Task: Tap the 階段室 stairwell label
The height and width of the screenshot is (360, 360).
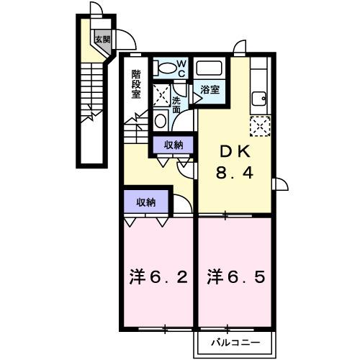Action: (136, 83)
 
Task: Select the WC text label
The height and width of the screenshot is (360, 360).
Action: (181, 68)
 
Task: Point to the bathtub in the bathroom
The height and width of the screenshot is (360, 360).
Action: (211, 69)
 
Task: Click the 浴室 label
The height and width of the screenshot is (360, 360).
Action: (210, 91)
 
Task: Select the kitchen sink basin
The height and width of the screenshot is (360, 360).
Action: (258, 99)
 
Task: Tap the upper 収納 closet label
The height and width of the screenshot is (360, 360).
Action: (174, 145)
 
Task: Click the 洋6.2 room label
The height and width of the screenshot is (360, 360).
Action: (159, 276)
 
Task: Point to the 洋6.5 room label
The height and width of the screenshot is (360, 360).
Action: (235, 276)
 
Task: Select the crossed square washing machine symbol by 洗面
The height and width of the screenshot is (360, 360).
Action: (161, 94)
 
